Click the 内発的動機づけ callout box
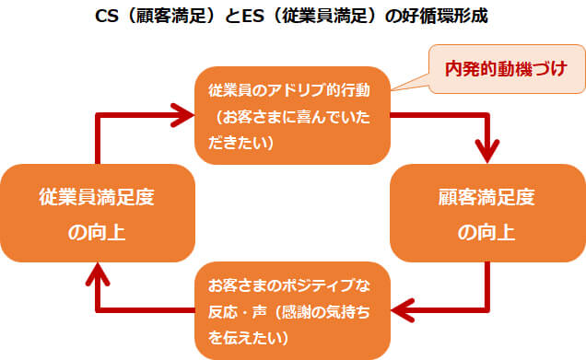[x=505, y=68]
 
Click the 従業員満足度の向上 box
[x=98, y=214]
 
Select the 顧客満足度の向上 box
[x=486, y=214]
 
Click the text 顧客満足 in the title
[x=164, y=16]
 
